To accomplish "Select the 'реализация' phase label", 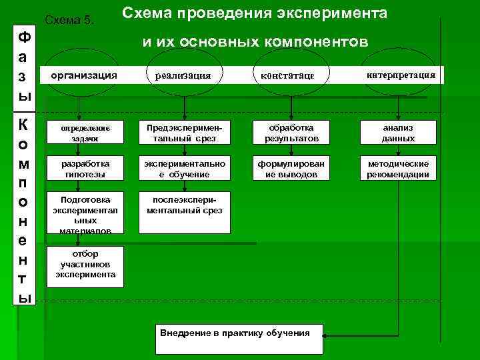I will click(x=183, y=76).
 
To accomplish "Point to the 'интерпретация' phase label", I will click(x=401, y=75).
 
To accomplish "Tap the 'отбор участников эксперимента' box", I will click(x=85, y=265).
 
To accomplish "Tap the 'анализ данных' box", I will click(x=399, y=133).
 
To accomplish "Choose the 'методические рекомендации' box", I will click(x=399, y=169).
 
